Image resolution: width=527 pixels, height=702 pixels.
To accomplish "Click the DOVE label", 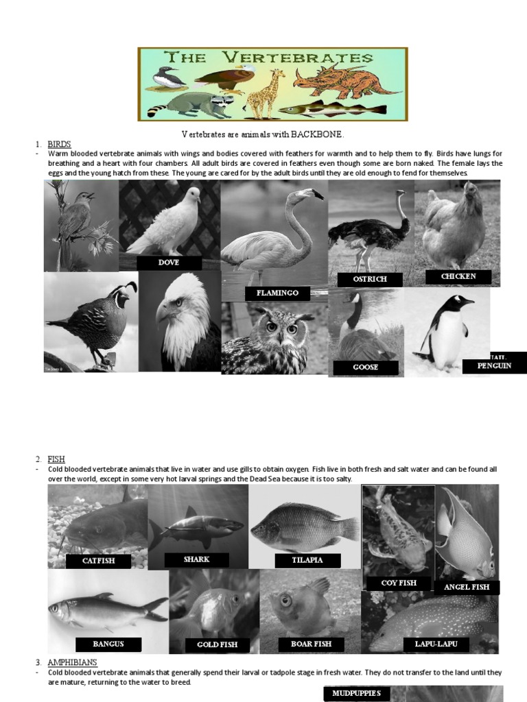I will pyautogui.click(x=169, y=263).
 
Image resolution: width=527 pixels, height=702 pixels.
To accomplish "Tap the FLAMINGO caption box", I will pyautogui.click(x=277, y=293).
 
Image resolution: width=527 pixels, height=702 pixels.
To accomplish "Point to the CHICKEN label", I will pyautogui.click(x=458, y=276).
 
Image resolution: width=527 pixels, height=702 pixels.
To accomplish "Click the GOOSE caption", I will pyautogui.click(x=365, y=367).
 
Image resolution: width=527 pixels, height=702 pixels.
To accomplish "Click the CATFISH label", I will pyautogui.click(x=99, y=561).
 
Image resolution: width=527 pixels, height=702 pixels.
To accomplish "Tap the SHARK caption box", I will pyautogui.click(x=196, y=559).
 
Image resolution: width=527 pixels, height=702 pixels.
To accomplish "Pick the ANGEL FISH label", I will pyautogui.click(x=467, y=587).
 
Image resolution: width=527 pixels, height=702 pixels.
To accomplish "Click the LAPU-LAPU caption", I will pyautogui.click(x=432, y=644).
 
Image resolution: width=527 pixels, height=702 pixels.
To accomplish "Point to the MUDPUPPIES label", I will pyautogui.click(x=356, y=693).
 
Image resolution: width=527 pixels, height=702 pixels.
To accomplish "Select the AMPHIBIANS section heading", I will pyautogui.click(x=72, y=663).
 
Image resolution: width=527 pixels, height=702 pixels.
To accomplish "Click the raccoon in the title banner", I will pyautogui.click(x=196, y=105).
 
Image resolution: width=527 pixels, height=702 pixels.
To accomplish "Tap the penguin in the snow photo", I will pyautogui.click(x=446, y=329).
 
